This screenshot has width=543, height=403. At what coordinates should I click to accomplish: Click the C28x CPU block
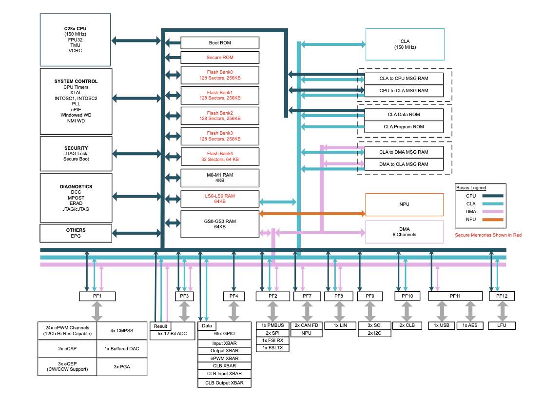(75, 40)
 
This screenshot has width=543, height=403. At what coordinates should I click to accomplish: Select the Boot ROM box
(220, 43)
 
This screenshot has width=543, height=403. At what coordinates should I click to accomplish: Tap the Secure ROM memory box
(220, 58)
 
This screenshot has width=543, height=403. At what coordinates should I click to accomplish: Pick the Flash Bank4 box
(220, 157)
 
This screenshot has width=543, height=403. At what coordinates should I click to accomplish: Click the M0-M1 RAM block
(220, 178)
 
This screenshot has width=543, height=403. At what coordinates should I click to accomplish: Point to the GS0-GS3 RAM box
(220, 224)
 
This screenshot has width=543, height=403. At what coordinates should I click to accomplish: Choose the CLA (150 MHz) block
(405, 44)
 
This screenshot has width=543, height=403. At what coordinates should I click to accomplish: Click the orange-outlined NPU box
(405, 204)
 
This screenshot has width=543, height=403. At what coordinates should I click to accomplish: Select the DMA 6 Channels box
(405, 232)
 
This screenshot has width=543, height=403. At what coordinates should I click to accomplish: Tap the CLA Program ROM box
(404, 127)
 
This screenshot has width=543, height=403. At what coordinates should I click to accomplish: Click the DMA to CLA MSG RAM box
(404, 164)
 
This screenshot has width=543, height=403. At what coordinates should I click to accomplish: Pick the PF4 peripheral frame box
(234, 296)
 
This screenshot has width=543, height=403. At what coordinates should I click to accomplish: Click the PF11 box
(455, 296)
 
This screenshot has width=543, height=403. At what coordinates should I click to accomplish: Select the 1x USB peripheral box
(442, 325)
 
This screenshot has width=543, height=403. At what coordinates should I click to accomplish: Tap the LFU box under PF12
(502, 325)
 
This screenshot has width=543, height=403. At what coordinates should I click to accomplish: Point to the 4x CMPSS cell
(122, 331)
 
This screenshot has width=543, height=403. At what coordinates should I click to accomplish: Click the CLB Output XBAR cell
(224, 383)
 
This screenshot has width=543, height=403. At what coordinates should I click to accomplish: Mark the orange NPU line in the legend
(493, 220)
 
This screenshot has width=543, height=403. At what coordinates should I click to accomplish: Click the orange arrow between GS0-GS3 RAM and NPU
(312, 214)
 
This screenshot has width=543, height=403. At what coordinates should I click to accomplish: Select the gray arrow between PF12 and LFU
(502, 311)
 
